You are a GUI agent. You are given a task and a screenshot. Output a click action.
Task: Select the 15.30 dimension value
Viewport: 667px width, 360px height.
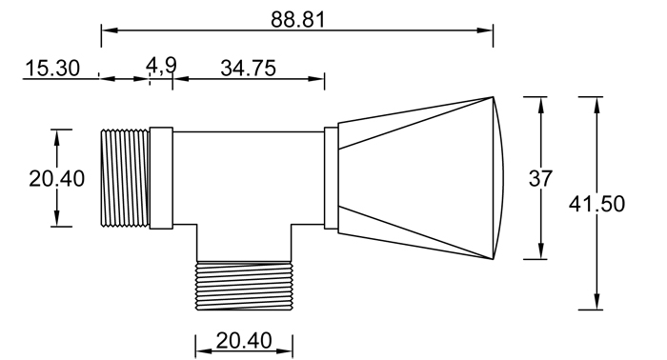[x=51, y=69]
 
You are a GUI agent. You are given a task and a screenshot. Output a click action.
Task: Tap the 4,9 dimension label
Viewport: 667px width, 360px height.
[x=161, y=65]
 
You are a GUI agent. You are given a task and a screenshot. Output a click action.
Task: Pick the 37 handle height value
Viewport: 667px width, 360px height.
[x=541, y=177]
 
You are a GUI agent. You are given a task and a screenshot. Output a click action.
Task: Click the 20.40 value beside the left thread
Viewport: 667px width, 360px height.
[x=56, y=178]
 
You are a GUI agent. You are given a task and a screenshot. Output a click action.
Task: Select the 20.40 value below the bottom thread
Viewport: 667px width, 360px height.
[x=243, y=340]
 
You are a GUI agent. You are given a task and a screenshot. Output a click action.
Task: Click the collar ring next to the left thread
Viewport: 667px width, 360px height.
[x=161, y=178]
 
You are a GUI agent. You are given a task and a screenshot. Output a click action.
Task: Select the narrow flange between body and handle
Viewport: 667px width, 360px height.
[x=331, y=178]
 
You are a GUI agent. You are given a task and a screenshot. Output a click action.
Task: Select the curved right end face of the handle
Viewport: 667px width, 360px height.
[x=501, y=178]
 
